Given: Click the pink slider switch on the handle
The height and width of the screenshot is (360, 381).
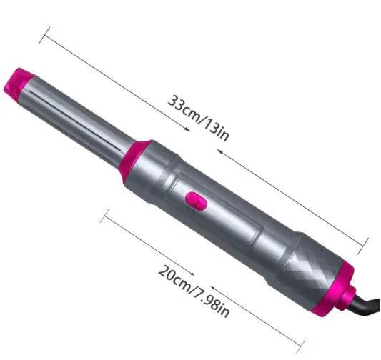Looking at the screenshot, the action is [196, 201].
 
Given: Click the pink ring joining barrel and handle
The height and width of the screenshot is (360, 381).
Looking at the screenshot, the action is [135, 159].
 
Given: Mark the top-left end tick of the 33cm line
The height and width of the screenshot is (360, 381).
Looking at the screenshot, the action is [44, 35].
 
